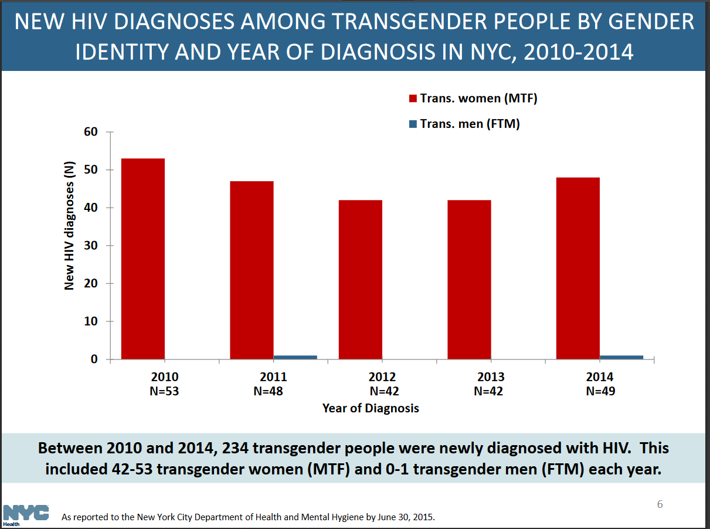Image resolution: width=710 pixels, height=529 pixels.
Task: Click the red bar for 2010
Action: (x=142, y=258)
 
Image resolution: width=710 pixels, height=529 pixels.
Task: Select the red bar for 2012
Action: (x=360, y=279)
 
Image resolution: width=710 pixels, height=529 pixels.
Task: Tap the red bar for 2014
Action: (x=577, y=267)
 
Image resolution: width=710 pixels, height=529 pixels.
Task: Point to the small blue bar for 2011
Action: (x=295, y=357)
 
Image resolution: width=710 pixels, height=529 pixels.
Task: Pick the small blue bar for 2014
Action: (x=621, y=357)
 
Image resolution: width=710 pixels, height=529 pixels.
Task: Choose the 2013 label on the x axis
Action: (x=491, y=377)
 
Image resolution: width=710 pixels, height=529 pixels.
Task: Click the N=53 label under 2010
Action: (x=164, y=391)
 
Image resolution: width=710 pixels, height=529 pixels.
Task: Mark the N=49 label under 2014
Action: (x=600, y=391)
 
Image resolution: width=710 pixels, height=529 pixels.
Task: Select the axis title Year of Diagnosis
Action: (x=371, y=408)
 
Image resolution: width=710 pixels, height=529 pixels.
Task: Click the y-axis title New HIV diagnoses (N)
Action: (x=70, y=226)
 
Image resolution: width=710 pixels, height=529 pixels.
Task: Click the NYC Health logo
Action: (x=26, y=514)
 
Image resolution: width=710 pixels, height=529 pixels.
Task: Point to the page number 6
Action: (x=660, y=505)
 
